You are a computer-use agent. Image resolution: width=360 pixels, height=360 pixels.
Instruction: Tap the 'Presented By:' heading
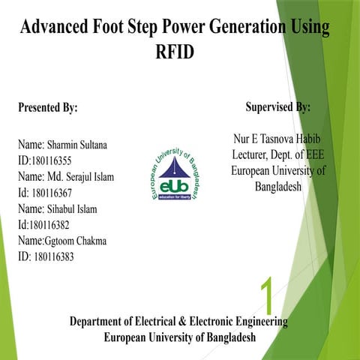pyautogui.click(x=47, y=108)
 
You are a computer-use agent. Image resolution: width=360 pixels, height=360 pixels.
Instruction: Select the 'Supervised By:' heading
pyautogui.click(x=277, y=107)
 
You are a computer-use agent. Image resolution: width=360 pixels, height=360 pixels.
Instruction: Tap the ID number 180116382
pyautogui.click(x=54, y=224)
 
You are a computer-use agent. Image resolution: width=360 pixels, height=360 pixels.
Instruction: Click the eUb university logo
pyautogui.click(x=174, y=173)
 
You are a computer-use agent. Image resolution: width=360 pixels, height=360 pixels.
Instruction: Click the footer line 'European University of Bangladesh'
pyautogui.click(x=179, y=337)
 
